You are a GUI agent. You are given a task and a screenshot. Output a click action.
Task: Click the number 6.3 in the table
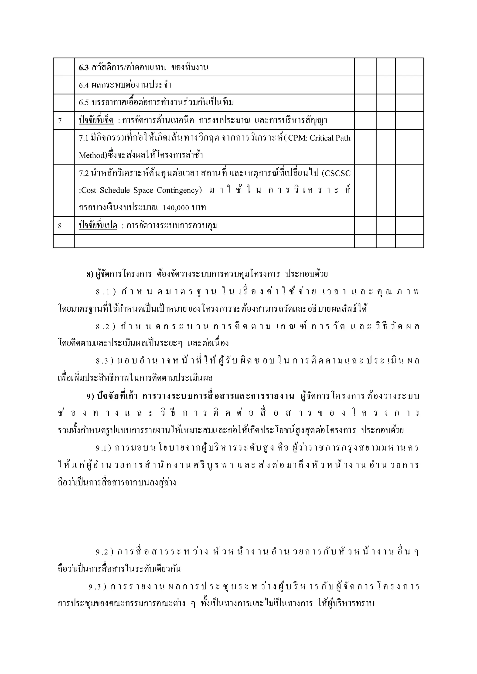tap(84, 68)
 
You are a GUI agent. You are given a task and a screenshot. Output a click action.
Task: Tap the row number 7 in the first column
tap(60, 121)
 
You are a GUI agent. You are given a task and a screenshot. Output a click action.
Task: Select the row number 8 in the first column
tap(60, 226)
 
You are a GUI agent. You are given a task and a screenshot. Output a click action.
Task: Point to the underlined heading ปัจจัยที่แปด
tap(98, 226)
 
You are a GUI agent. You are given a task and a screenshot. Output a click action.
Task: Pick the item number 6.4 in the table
tap(84, 85)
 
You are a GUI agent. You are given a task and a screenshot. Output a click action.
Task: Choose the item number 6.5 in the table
tap(84, 103)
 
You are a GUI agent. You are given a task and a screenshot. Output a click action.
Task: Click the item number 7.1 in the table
tap(84, 138)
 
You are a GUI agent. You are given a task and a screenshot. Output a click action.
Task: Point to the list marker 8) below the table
tap(90, 274)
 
